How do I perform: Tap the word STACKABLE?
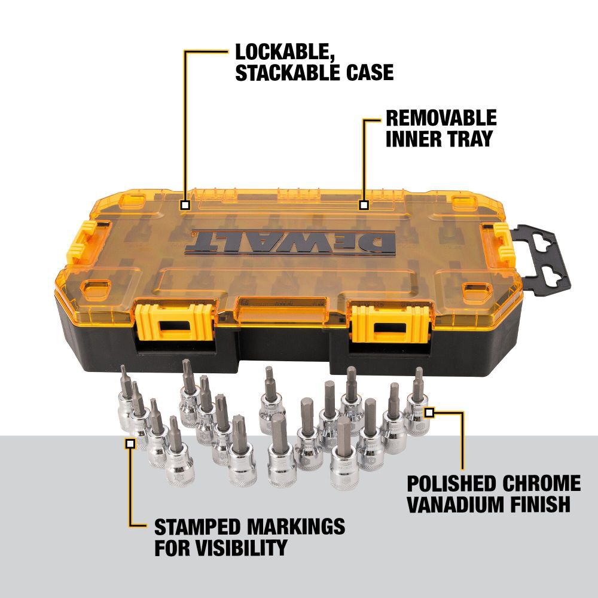(288, 72)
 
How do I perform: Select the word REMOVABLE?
(441, 118)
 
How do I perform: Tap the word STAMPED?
(197, 527)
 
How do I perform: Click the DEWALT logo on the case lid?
(291, 242)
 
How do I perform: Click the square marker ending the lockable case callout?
(185, 205)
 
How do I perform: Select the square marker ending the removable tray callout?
(364, 205)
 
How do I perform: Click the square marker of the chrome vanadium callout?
(429, 412)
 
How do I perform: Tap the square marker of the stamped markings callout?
(130, 444)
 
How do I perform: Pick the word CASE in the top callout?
(370, 72)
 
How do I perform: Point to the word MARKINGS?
(296, 527)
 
